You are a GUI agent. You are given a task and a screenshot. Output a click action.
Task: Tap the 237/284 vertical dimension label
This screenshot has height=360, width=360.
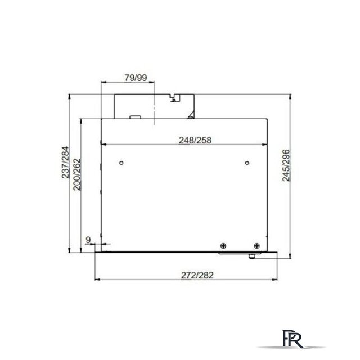(66, 163)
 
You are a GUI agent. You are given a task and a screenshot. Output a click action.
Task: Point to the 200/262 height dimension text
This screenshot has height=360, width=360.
(77, 174)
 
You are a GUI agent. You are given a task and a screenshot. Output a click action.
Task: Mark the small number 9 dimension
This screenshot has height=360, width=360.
(88, 240)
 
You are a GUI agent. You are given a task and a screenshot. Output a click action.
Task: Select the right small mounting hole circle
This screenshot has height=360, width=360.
(248, 164)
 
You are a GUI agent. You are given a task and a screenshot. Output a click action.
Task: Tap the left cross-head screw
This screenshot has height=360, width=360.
(224, 245)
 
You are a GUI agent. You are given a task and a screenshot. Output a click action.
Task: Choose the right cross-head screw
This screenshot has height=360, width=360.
(256, 245)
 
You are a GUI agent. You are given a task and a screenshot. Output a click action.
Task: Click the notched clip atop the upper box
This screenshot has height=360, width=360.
(174, 97)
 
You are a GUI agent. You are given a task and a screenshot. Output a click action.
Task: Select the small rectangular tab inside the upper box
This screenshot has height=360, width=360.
(135, 118)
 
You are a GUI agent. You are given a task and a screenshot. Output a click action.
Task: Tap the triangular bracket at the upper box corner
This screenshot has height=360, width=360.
(192, 116)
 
